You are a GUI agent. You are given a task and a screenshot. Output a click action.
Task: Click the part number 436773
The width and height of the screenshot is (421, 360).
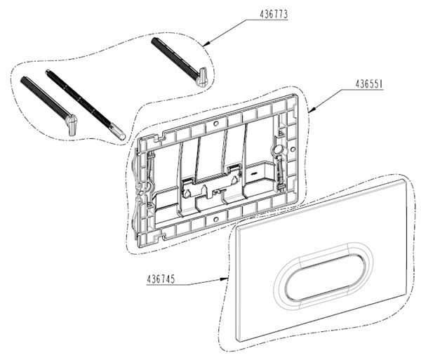pyautogui.click(x=274, y=14)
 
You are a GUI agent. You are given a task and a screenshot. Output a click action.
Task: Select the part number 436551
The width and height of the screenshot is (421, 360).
pyautogui.click(x=369, y=84)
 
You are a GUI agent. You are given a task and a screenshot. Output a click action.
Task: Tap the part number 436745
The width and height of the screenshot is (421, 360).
pyautogui.click(x=161, y=279)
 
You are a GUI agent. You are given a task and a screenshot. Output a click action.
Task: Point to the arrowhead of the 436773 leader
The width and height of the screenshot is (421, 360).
pyautogui.click(x=206, y=44)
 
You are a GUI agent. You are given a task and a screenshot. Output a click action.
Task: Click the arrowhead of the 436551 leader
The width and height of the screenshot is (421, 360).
pyautogui.click(x=312, y=109)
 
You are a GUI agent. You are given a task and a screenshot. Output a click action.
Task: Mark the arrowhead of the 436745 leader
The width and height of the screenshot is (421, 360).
pyautogui.click(x=223, y=279)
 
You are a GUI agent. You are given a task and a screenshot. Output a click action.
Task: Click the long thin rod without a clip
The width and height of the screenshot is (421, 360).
pyautogui.click(x=85, y=105)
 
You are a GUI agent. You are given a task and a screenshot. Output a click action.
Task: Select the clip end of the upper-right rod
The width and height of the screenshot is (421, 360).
pyautogui.click(x=202, y=77)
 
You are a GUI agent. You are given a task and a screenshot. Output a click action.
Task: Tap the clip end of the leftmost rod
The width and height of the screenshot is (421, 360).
pyautogui.click(x=72, y=125)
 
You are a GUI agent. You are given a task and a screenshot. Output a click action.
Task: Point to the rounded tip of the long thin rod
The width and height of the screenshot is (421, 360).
pyautogui.click(x=121, y=135)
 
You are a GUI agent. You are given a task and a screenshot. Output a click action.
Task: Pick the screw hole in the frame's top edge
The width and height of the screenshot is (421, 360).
pyautogui.click(x=216, y=124)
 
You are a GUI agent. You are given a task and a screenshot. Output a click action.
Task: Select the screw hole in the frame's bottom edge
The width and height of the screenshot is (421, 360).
pyautogui.click(x=215, y=220)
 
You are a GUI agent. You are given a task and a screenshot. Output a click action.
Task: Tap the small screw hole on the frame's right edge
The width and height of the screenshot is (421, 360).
pyautogui.click(x=293, y=149)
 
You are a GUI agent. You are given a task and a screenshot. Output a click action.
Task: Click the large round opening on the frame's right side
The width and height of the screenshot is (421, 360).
pyautogui.click(x=279, y=149)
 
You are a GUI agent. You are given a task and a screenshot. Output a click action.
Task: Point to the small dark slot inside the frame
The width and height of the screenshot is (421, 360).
pyautogui.click(x=254, y=173)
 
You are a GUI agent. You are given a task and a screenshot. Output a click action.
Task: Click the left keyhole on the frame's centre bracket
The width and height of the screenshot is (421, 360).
pyautogui.click(x=187, y=193)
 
